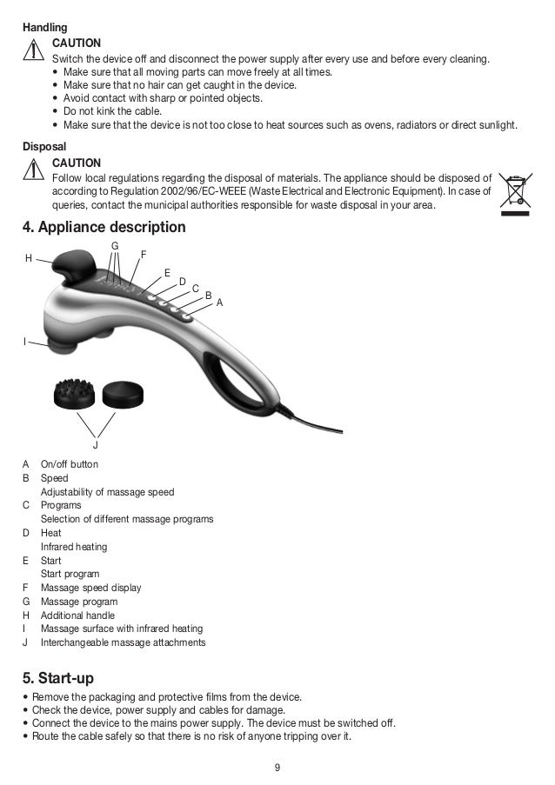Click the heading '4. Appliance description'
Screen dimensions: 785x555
(104, 228)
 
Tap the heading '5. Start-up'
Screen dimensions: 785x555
(58, 677)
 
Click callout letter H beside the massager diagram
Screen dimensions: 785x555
(29, 258)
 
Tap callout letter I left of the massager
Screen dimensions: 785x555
(25, 342)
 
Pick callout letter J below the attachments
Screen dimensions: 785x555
(96, 445)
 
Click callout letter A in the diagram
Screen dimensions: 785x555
(219, 303)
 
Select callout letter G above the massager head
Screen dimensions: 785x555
(114, 247)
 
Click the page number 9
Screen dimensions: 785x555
(277, 768)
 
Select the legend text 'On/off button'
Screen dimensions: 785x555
(70, 464)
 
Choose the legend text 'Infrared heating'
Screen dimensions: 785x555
(74, 547)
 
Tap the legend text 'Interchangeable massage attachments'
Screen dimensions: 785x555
(123, 642)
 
